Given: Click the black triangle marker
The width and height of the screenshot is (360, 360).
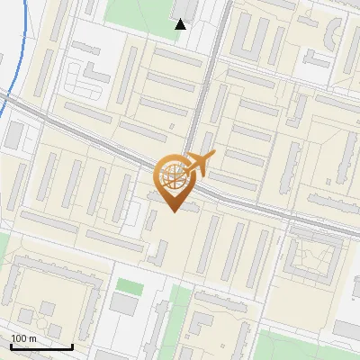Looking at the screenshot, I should click(x=180, y=24).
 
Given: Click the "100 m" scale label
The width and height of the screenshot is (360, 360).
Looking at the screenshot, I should click(x=23, y=338).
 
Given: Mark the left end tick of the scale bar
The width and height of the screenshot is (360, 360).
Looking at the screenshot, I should click(x=10, y=346).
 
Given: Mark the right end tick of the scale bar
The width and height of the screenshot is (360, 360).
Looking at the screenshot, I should click(x=72, y=346).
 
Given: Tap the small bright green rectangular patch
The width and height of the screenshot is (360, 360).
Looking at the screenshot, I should click(x=130, y=286).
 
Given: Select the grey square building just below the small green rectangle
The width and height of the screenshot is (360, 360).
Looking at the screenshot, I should click(x=124, y=305).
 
